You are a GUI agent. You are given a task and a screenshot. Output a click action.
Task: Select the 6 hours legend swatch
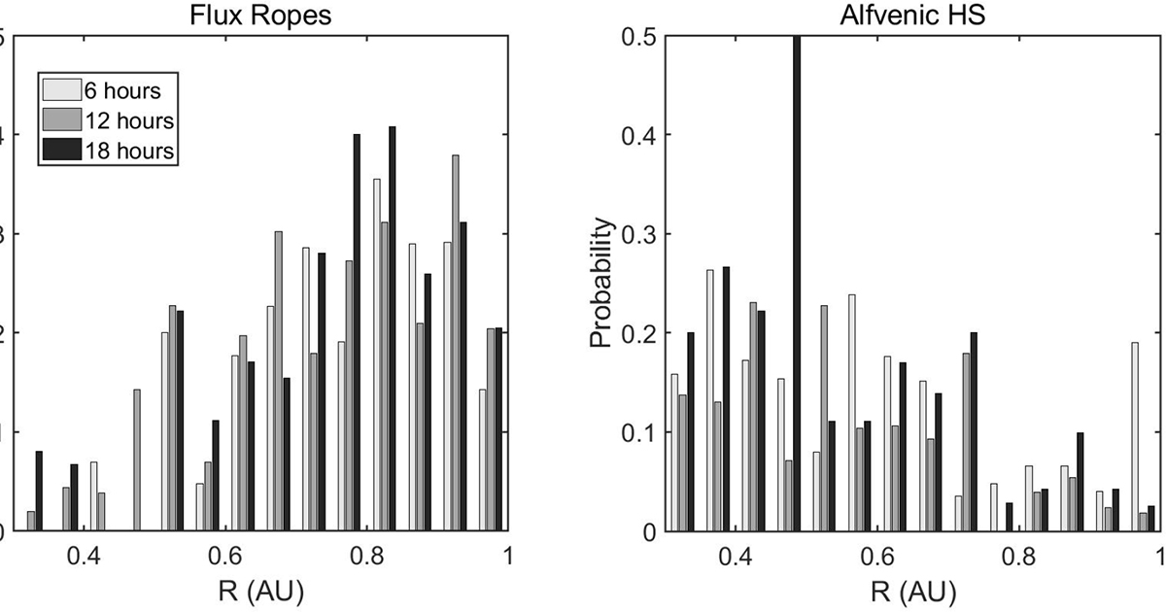pyautogui.click(x=55, y=90)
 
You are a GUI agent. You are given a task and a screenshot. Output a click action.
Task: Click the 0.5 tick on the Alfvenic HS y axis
pyautogui.click(x=645, y=37)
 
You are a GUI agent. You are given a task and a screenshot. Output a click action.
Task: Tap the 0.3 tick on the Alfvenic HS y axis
pyautogui.click(x=645, y=234)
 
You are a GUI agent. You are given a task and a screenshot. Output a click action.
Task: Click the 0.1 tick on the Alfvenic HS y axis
pyautogui.click(x=645, y=431)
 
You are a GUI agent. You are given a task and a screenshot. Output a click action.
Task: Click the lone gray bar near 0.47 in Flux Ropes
pyautogui.click(x=137, y=460)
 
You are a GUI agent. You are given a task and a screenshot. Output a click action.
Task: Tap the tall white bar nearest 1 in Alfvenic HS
pyautogui.click(x=1134, y=437)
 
